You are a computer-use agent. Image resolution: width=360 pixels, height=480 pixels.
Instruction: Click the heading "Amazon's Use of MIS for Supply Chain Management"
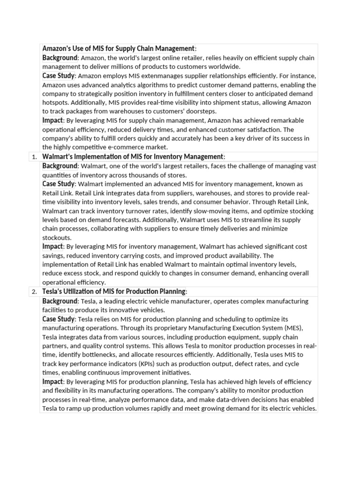(x=118, y=49)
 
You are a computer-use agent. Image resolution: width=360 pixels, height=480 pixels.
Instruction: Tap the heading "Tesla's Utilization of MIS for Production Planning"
(x=114, y=292)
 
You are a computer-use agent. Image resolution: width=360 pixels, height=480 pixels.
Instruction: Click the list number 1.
(x=34, y=157)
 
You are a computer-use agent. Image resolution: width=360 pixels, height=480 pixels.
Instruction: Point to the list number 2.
(x=34, y=292)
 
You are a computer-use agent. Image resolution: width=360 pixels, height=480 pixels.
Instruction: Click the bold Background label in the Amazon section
(x=60, y=58)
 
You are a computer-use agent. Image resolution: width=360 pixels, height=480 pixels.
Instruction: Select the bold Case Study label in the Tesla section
(x=58, y=319)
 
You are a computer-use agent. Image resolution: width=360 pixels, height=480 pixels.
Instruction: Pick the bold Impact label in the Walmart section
(x=52, y=247)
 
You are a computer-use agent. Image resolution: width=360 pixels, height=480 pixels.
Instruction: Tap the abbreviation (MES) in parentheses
(x=293, y=328)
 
